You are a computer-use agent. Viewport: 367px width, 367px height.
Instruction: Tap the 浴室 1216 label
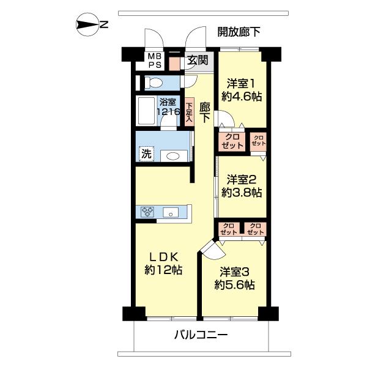168,108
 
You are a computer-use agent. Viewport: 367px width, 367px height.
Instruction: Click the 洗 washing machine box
146,154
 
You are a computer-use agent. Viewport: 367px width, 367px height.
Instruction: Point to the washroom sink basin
173,156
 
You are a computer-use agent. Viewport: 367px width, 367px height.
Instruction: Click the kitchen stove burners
147,212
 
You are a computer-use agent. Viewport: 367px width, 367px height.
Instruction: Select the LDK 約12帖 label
163,263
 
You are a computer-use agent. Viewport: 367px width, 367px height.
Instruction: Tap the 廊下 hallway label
204,111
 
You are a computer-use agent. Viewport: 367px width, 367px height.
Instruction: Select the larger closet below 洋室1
232,141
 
